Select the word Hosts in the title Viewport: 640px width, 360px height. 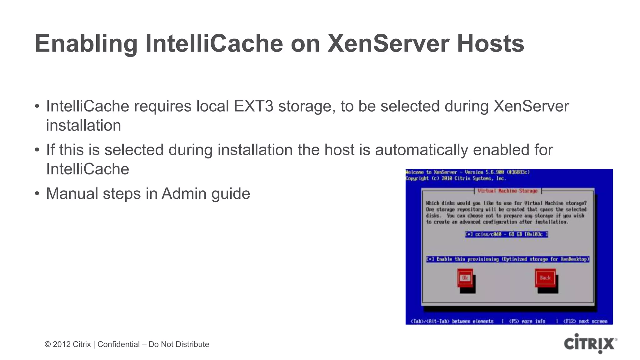click(x=490, y=44)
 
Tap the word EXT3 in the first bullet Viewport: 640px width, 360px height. click(x=253, y=106)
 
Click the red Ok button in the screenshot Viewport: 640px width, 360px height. click(x=465, y=278)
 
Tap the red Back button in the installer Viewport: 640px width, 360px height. click(x=545, y=278)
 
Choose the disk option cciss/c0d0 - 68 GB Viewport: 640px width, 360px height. click(x=506, y=234)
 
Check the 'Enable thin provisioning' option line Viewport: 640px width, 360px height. click(x=507, y=259)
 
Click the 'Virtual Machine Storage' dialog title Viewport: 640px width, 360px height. click(x=507, y=191)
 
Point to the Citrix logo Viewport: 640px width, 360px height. click(x=590, y=344)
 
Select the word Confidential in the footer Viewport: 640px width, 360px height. click(x=118, y=344)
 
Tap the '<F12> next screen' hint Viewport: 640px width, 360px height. click(x=585, y=321)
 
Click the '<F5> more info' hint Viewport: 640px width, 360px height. click(x=527, y=321)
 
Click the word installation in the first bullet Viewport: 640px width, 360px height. click(x=83, y=126)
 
